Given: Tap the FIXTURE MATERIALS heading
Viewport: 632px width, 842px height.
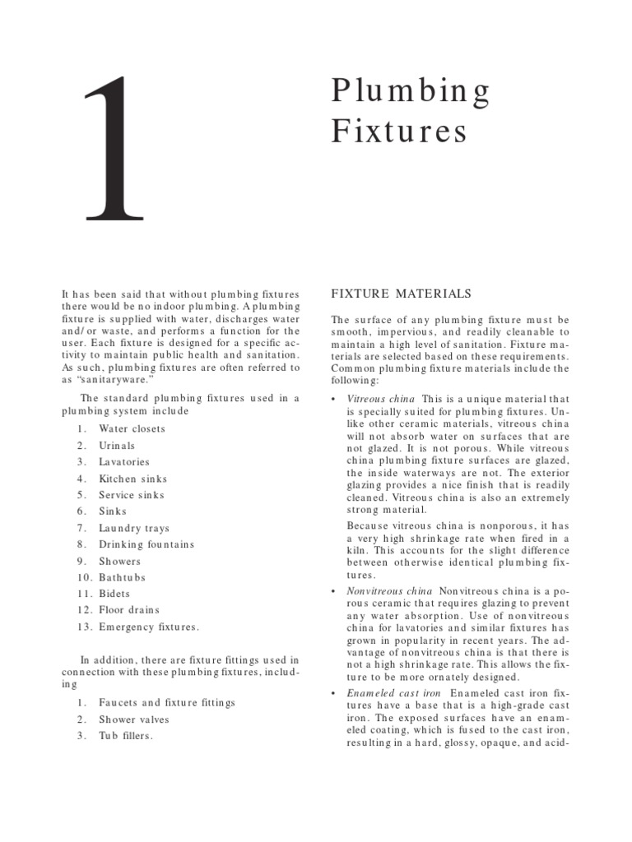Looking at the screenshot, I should [x=401, y=293].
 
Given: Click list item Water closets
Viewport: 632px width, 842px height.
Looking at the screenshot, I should [x=132, y=428].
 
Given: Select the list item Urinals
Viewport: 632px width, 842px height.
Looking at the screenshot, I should [x=117, y=445].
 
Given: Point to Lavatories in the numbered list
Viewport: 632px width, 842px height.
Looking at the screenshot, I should [x=124, y=461].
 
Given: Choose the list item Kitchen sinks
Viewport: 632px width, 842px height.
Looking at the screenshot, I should [x=132, y=478].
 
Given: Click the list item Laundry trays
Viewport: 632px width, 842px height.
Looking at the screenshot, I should [x=134, y=527].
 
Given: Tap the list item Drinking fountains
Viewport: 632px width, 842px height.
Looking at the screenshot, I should [x=146, y=544].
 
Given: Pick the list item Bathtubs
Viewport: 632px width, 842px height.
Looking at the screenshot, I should [x=122, y=576].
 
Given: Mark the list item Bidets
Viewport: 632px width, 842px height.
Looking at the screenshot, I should [x=114, y=593].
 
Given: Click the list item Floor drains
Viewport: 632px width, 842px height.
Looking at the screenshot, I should [x=129, y=609].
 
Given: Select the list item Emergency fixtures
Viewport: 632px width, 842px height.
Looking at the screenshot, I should [x=149, y=627].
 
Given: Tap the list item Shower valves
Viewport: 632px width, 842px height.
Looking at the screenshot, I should [x=134, y=719].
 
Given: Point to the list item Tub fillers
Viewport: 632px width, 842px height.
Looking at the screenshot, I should [x=126, y=735].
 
